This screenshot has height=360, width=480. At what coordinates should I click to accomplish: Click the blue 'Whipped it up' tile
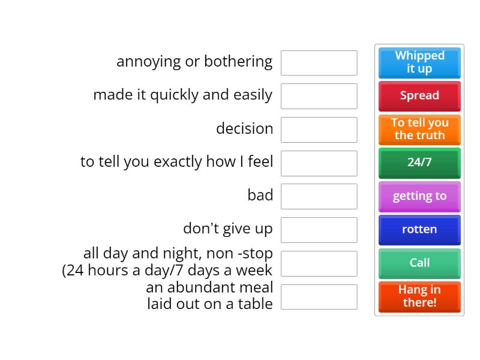tap(419, 62)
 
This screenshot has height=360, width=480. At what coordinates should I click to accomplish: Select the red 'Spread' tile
tap(419, 96)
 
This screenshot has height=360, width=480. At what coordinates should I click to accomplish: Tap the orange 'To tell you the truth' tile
tap(419, 129)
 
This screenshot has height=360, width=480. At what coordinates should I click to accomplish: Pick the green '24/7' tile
tap(419, 163)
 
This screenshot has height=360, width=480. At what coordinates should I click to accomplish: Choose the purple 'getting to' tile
tap(419, 196)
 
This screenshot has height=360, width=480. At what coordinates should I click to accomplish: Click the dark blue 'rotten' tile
tap(419, 229)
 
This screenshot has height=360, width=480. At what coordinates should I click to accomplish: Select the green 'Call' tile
tap(419, 263)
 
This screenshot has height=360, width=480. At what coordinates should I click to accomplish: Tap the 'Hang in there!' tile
tap(419, 296)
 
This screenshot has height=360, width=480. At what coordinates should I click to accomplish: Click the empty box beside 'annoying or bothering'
tap(319, 63)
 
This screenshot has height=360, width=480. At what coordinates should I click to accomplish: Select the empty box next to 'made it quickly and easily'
tap(319, 96)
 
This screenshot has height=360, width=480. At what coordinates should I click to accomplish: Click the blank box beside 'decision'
tap(319, 130)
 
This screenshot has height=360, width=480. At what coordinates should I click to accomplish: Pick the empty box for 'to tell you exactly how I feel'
tap(319, 163)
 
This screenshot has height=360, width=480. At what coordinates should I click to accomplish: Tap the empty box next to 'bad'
tap(319, 196)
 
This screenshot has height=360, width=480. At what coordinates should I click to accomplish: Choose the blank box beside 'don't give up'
tap(319, 230)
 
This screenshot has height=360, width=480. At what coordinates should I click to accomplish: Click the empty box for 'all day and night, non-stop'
tap(319, 263)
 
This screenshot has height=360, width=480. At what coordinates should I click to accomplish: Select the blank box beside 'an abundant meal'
tap(319, 297)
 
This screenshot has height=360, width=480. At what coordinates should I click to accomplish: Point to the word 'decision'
tap(244, 128)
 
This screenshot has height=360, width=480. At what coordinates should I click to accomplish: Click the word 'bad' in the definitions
tap(260, 195)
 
